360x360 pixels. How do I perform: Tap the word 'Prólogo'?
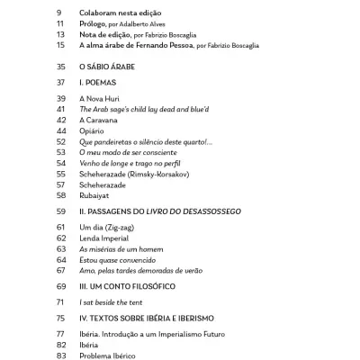95,24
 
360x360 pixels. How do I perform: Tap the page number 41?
61,108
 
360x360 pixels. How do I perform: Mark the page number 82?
61,345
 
